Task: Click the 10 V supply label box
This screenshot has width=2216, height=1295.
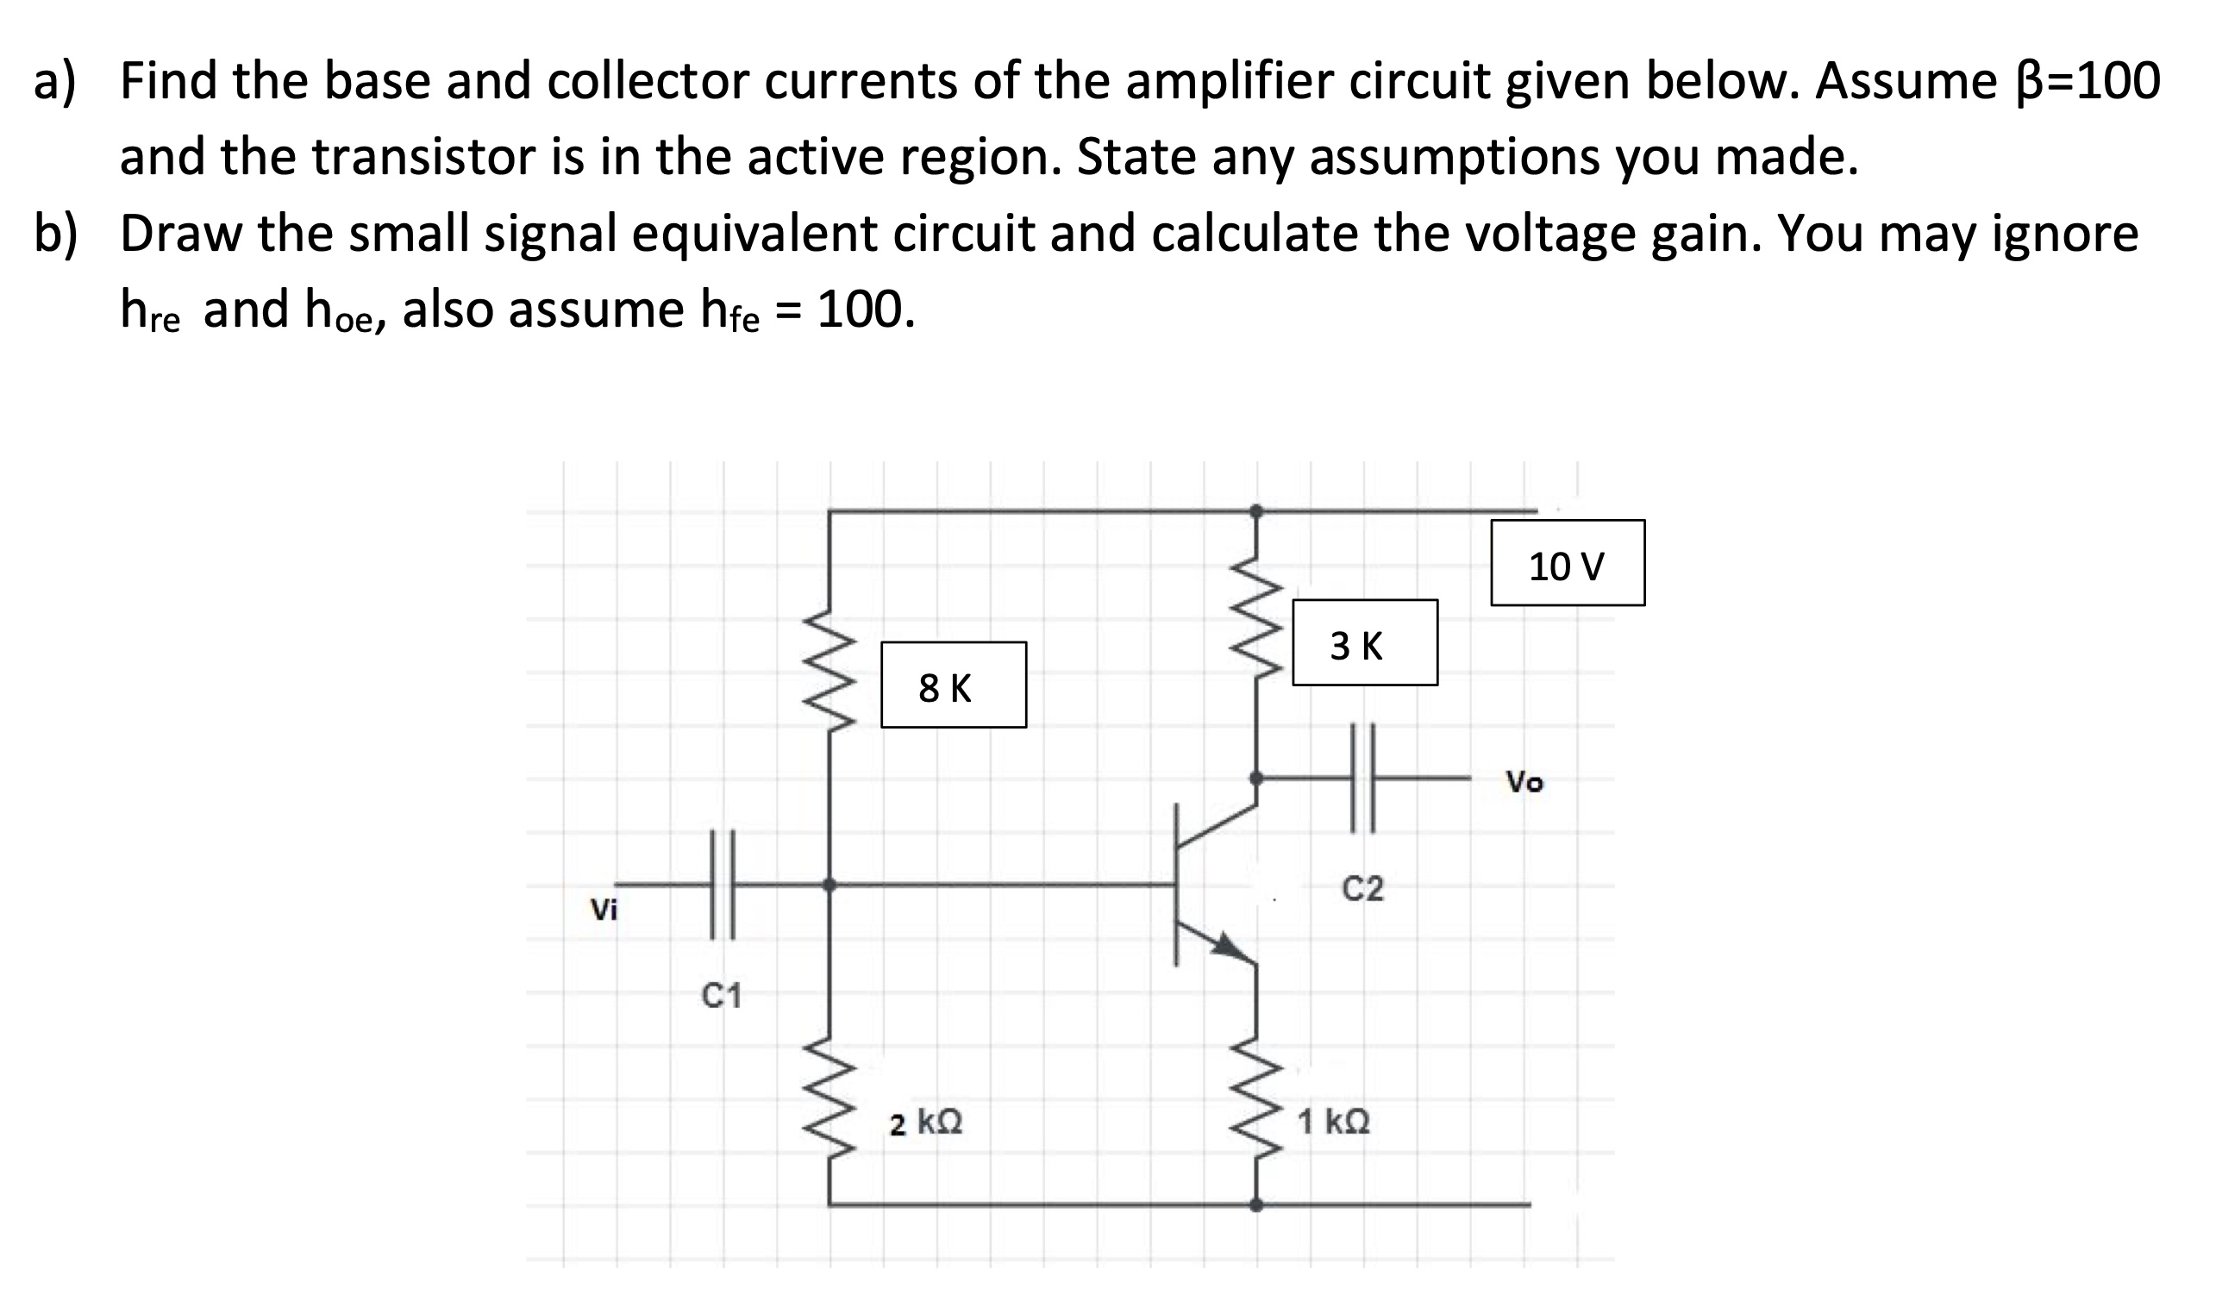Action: tap(1567, 563)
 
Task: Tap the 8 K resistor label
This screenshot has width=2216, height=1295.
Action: tap(954, 685)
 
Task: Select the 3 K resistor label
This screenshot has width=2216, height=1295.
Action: tap(1364, 642)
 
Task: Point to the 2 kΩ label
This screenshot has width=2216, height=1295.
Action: tap(926, 1123)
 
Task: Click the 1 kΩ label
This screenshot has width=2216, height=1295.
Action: tap(1334, 1122)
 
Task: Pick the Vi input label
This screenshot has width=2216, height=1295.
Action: tap(604, 910)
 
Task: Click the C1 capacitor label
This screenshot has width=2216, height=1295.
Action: tap(722, 996)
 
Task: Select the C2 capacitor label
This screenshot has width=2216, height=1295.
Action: tap(1363, 890)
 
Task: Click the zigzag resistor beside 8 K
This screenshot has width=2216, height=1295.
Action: tap(829, 668)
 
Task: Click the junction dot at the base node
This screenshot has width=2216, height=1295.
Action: tap(829, 885)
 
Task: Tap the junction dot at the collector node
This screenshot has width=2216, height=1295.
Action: tap(1256, 778)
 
